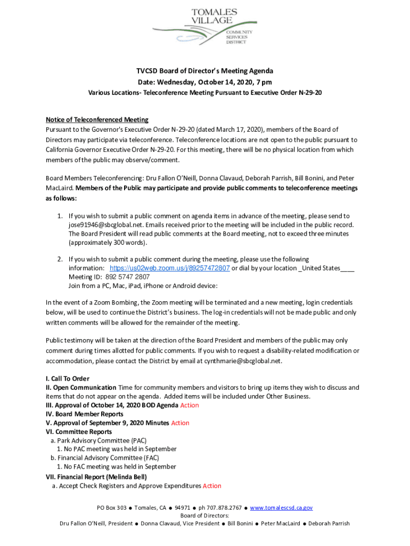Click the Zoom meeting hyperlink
(169, 268)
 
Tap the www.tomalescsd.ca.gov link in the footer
(281, 508)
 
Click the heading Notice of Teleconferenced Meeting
(97, 119)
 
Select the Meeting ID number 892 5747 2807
(127, 277)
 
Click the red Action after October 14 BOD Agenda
(190, 405)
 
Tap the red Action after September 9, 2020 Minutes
(180, 423)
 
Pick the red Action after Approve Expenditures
(212, 486)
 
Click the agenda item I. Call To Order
(68, 379)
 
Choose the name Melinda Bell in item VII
(127, 477)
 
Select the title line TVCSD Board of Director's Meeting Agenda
(205, 71)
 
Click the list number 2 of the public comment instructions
(60, 259)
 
